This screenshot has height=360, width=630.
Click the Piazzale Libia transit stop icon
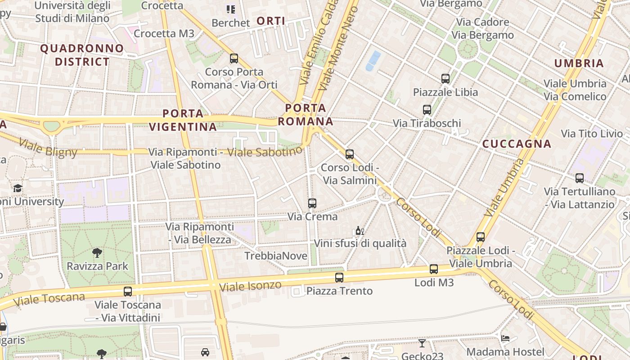[x=445, y=79]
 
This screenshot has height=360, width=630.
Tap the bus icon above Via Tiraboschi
[x=427, y=109]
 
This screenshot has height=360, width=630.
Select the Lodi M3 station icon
[x=433, y=269]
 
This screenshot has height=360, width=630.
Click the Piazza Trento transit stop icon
[x=339, y=278]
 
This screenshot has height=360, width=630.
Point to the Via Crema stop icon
[x=312, y=203]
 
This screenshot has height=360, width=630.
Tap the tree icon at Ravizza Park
[x=97, y=252]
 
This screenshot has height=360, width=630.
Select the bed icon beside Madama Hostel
[x=505, y=338]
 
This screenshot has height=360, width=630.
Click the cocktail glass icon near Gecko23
[x=422, y=343]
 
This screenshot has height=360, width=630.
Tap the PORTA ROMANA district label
[x=306, y=115]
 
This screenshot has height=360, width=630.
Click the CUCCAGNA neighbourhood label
[x=517, y=144]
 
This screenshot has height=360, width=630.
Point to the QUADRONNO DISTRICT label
[x=82, y=55]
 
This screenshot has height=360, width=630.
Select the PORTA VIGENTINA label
[x=183, y=120]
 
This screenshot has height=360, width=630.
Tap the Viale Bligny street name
[x=48, y=148]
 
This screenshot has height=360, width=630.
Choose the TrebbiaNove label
[x=276, y=256]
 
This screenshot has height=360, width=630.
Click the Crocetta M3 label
[x=164, y=33]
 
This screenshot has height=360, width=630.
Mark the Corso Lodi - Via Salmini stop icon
[x=350, y=154]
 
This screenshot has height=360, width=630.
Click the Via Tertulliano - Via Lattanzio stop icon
[x=580, y=178]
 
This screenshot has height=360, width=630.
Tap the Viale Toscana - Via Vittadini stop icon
[x=128, y=292]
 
